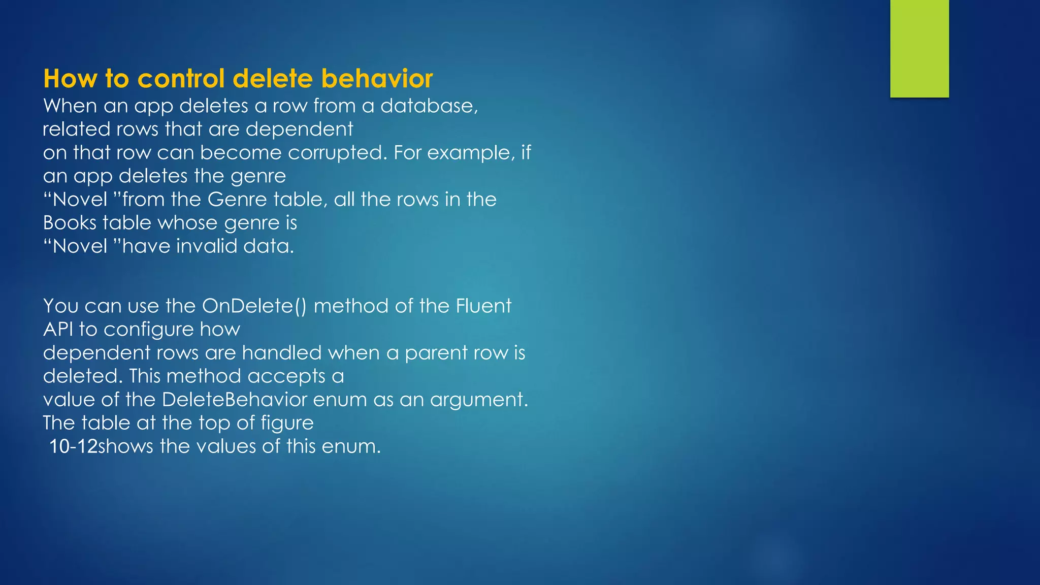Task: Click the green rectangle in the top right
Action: click(919, 48)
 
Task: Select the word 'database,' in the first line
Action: click(429, 106)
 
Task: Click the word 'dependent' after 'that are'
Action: click(299, 129)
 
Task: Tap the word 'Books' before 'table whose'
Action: click(69, 223)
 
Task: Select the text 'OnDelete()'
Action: click(254, 306)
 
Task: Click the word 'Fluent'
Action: click(483, 306)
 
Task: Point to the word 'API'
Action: click(58, 330)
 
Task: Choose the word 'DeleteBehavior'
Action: click(235, 400)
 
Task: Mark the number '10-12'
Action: click(73, 446)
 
